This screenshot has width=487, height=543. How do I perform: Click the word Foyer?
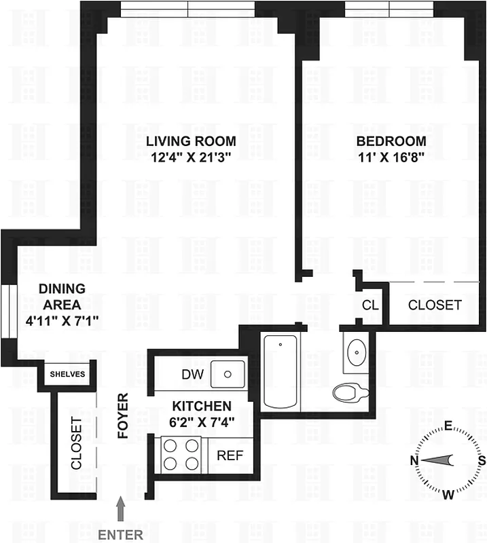tap(124, 415)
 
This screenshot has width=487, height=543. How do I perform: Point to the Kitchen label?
tap(201, 406)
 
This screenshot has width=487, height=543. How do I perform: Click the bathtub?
tap(281, 372)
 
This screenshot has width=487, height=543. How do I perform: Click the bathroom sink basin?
tap(355, 352)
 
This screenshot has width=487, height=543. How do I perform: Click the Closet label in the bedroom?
tap(434, 305)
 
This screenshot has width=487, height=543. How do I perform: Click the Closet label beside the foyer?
tap(76, 444)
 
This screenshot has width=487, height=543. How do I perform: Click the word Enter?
tap(121, 534)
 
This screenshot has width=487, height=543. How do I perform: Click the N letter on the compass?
tap(414, 461)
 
